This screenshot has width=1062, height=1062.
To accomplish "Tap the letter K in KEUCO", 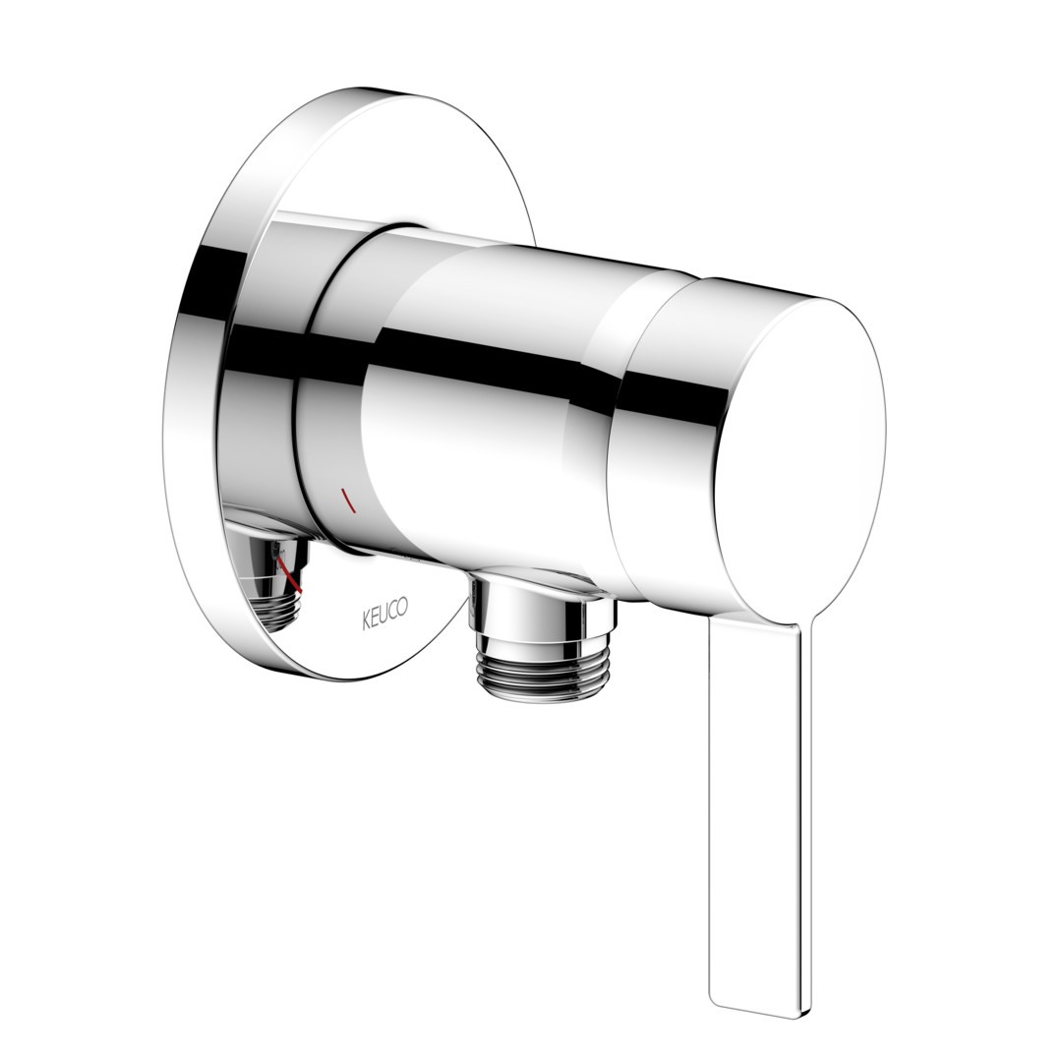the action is [366, 620].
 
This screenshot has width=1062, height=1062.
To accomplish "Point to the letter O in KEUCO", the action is [403, 606].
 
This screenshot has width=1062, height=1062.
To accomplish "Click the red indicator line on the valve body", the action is [348, 500].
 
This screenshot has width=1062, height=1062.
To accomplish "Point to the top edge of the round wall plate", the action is [380, 90].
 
